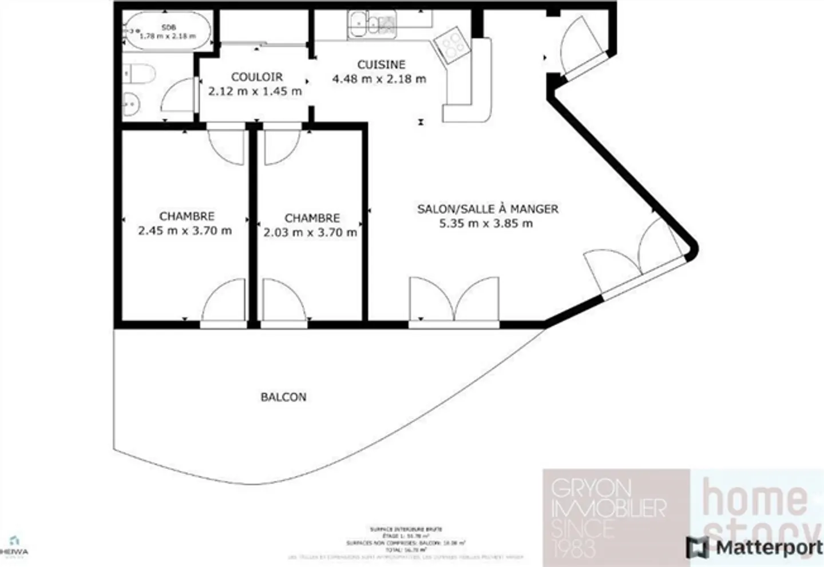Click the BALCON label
tap(283, 397)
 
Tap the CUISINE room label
tap(381, 65)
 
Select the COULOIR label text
tap(256, 77)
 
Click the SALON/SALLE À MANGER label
tap(488, 209)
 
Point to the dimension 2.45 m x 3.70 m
tap(185, 231)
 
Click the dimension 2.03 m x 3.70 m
tap(310, 233)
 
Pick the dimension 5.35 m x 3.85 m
tap(486, 223)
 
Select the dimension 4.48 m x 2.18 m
tap(379, 79)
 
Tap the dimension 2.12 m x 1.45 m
tap(255, 91)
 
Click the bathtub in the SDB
tap(168, 31)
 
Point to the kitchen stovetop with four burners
tap(451, 44)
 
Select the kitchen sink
tap(364, 23)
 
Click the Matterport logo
tap(755, 547)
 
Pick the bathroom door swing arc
tap(178, 96)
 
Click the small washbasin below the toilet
tap(130, 104)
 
